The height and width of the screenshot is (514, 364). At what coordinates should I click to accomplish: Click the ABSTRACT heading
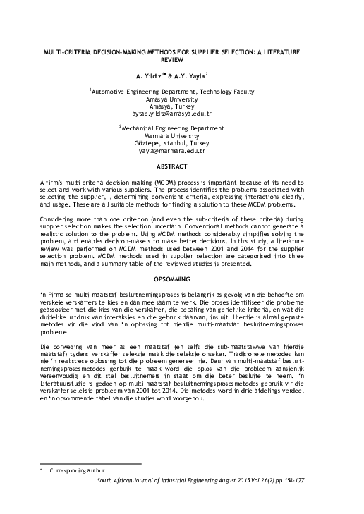(x=181, y=166)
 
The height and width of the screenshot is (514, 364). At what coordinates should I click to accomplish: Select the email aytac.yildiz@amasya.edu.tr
(x=181, y=114)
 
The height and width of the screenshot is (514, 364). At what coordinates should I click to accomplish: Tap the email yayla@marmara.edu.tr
(x=181, y=151)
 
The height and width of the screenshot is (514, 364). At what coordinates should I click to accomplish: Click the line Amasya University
(x=181, y=99)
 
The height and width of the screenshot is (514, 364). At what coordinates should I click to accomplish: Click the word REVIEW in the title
(x=181, y=61)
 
